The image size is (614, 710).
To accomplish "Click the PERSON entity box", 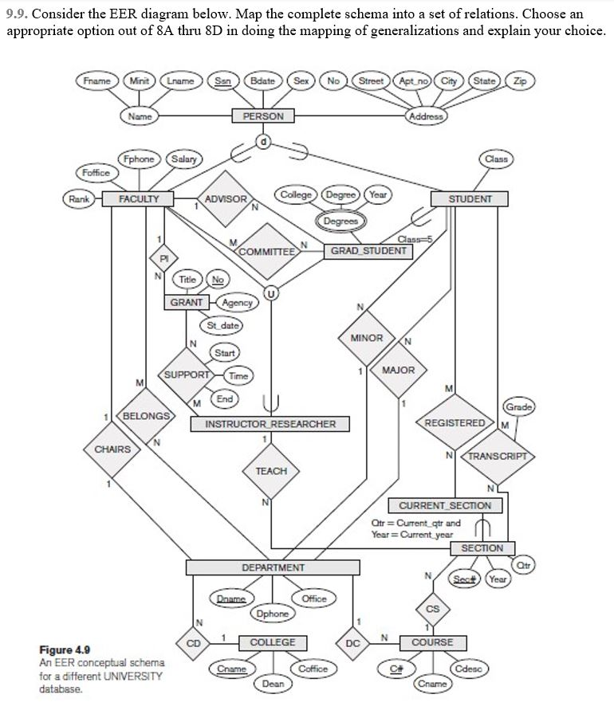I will (x=263, y=116).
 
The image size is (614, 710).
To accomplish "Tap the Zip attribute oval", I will (x=520, y=81).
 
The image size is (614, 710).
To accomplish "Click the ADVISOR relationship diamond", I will (x=226, y=198).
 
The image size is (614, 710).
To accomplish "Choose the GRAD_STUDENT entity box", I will (x=368, y=251).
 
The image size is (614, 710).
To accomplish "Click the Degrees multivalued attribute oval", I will (x=341, y=220).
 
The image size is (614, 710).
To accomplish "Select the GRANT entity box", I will (x=187, y=302).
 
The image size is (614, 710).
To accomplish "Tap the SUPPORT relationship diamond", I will (x=187, y=374).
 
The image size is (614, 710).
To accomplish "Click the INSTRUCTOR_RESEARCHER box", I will (x=271, y=424).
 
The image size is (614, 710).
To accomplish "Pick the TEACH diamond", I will (x=271, y=471).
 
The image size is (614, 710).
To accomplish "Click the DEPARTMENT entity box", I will (x=273, y=567).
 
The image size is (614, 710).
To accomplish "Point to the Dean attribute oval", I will (x=273, y=683).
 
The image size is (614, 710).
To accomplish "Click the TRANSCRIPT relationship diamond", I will (x=497, y=457).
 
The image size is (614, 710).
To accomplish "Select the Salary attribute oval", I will (x=185, y=159).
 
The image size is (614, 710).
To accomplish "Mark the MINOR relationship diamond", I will (x=367, y=338).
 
